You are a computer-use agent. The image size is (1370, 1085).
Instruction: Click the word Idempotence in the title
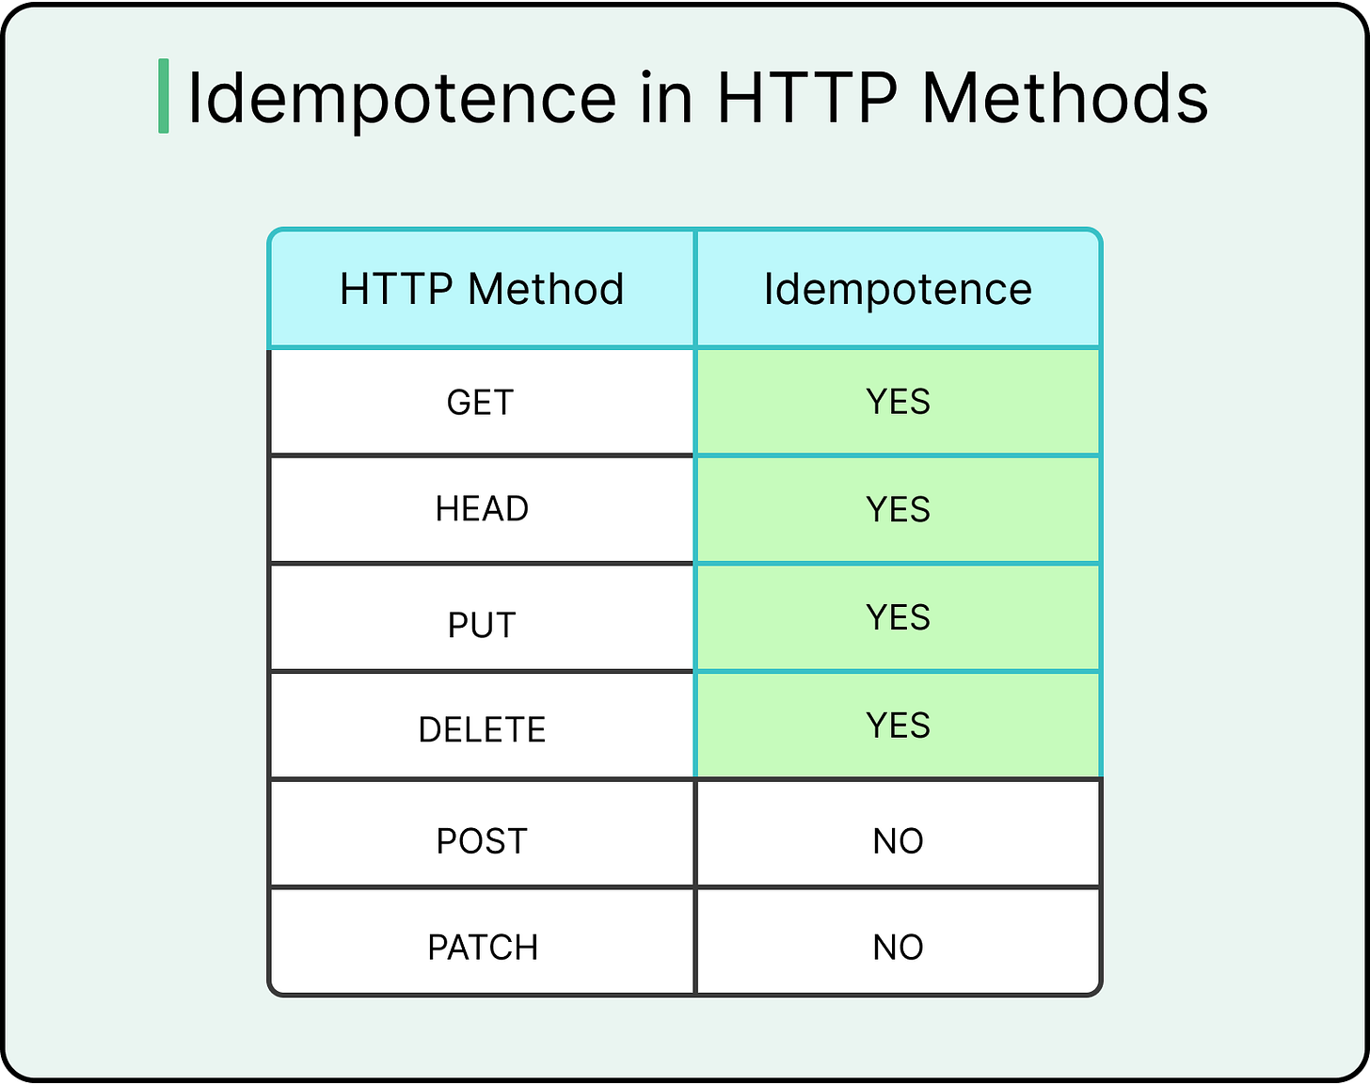403,98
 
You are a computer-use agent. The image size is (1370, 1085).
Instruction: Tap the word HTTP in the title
806,98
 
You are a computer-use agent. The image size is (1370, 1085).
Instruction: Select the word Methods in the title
1064,98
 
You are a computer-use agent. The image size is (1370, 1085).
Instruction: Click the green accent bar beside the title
164,96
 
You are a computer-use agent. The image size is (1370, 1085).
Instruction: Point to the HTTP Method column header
482,289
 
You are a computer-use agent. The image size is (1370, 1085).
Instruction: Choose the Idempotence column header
898,289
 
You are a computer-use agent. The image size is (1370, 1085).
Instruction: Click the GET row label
481,403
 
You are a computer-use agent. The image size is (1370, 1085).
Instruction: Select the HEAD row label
482,509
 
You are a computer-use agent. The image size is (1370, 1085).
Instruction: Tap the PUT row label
482,625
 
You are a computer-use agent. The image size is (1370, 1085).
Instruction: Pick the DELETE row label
482,729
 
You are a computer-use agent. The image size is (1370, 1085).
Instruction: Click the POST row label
482,840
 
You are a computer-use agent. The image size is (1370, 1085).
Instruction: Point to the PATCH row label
483,947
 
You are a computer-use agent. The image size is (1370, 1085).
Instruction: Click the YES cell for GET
898,402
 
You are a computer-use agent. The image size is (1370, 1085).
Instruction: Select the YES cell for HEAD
898,509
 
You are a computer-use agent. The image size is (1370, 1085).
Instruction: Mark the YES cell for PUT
898,617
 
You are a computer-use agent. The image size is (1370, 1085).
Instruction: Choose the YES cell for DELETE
898,726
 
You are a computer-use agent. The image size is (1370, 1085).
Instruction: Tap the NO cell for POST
898,840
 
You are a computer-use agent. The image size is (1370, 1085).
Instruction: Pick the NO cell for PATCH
898,947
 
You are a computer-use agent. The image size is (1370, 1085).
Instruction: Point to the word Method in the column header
546,289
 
